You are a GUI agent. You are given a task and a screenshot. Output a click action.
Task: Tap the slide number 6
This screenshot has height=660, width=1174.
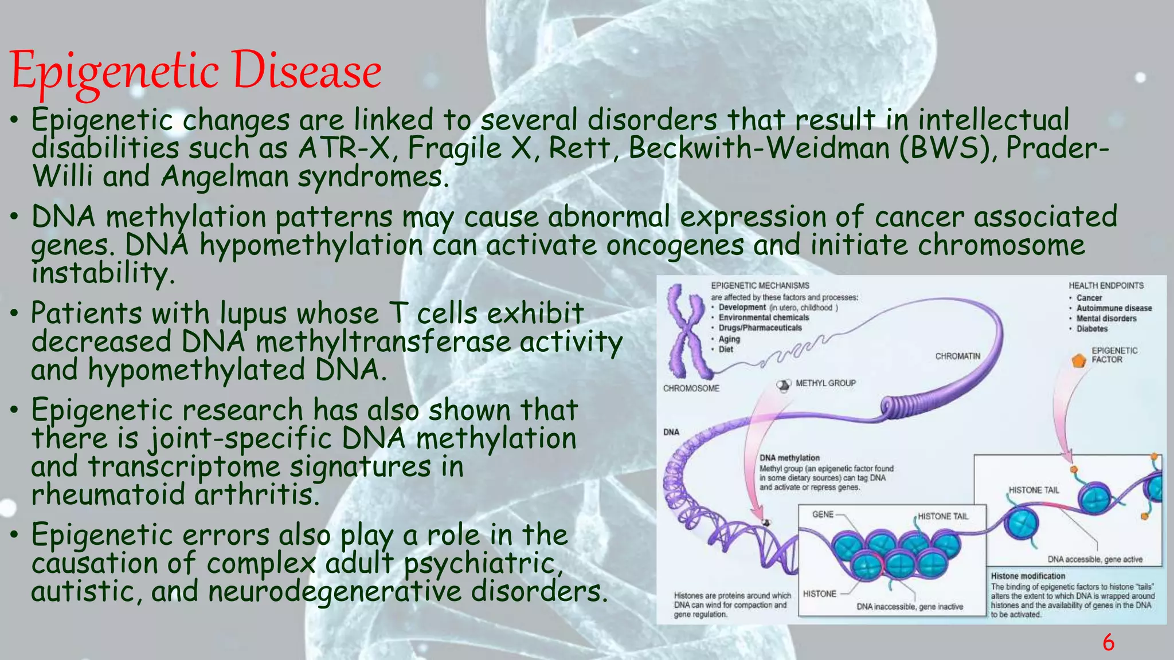1108,642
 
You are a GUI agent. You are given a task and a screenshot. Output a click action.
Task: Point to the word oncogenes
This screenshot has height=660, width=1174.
675,246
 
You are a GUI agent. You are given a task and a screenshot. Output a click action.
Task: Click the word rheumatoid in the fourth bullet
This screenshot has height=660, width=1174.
108,494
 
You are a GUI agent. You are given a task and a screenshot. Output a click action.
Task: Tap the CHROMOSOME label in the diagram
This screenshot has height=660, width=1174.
691,388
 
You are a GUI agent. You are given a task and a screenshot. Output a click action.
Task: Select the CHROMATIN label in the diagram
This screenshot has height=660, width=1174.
957,356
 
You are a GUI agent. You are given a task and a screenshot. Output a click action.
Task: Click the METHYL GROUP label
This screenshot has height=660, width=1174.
825,383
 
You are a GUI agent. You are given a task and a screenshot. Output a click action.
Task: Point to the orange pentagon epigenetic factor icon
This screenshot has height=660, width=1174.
1079,360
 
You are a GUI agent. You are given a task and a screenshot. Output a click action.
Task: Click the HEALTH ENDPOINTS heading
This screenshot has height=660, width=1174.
1106,285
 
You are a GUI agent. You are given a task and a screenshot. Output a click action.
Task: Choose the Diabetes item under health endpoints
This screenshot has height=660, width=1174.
1091,329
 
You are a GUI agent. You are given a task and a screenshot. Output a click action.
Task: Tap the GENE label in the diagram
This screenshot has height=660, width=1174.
823,514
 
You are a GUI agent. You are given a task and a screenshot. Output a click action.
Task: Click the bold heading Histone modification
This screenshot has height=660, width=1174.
1027,576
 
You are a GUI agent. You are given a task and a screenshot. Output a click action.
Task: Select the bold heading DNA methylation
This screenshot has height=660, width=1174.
789,458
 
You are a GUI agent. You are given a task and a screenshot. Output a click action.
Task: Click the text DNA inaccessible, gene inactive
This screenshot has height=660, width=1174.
909,607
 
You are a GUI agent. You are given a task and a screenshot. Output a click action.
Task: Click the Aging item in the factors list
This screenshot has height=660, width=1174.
729,339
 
